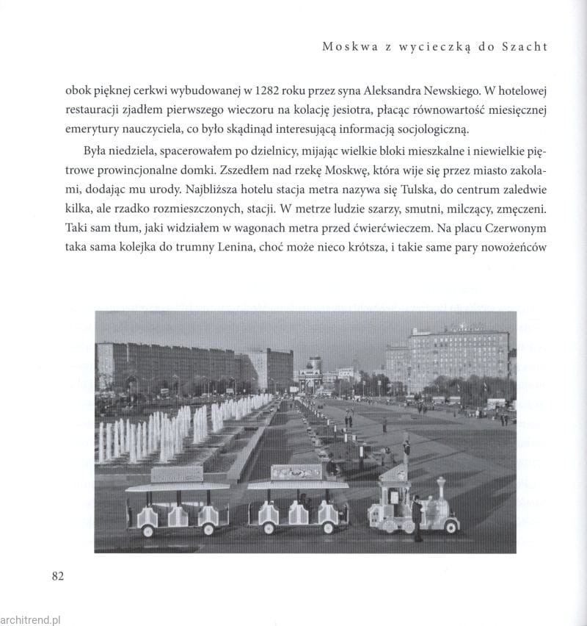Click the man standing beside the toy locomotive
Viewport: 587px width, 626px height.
[417, 517]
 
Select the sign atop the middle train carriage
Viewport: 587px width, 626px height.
[296, 472]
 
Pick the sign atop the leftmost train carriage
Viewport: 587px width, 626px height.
[177, 475]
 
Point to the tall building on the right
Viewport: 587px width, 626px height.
[457, 360]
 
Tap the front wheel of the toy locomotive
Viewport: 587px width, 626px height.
[447, 527]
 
